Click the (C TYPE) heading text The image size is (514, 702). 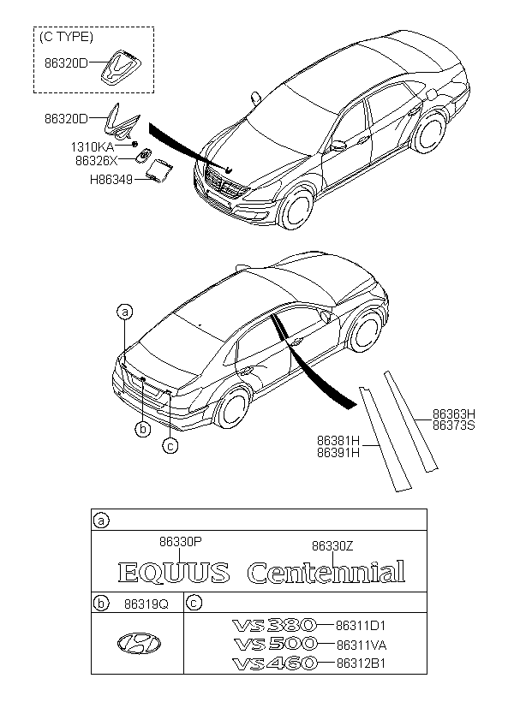(68, 38)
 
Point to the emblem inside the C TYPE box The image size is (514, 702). (121, 67)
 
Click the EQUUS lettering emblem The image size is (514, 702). (173, 573)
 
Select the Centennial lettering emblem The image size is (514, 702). (326, 573)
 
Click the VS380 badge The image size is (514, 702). (274, 626)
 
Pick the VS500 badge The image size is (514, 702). (274, 644)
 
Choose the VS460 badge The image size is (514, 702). (274, 663)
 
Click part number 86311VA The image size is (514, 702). (362, 644)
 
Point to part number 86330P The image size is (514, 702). (180, 541)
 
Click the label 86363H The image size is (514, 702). (453, 413)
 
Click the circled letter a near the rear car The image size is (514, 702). (125, 312)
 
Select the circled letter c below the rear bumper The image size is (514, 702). (170, 444)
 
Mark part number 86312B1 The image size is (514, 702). (362, 663)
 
